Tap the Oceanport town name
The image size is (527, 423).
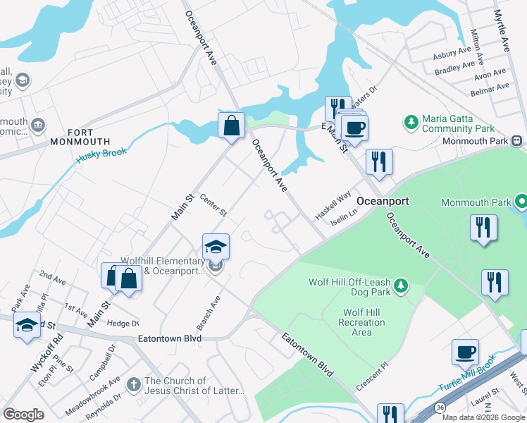(x=383, y=201)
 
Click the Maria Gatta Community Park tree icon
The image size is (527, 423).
(x=411, y=123)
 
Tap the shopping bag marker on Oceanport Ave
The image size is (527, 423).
(x=231, y=126)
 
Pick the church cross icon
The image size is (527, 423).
(x=134, y=385)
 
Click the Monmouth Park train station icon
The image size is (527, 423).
(x=517, y=140)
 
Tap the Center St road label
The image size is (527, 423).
(x=213, y=205)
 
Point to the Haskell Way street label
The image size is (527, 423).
(x=333, y=207)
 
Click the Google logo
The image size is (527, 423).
(x=23, y=415)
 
